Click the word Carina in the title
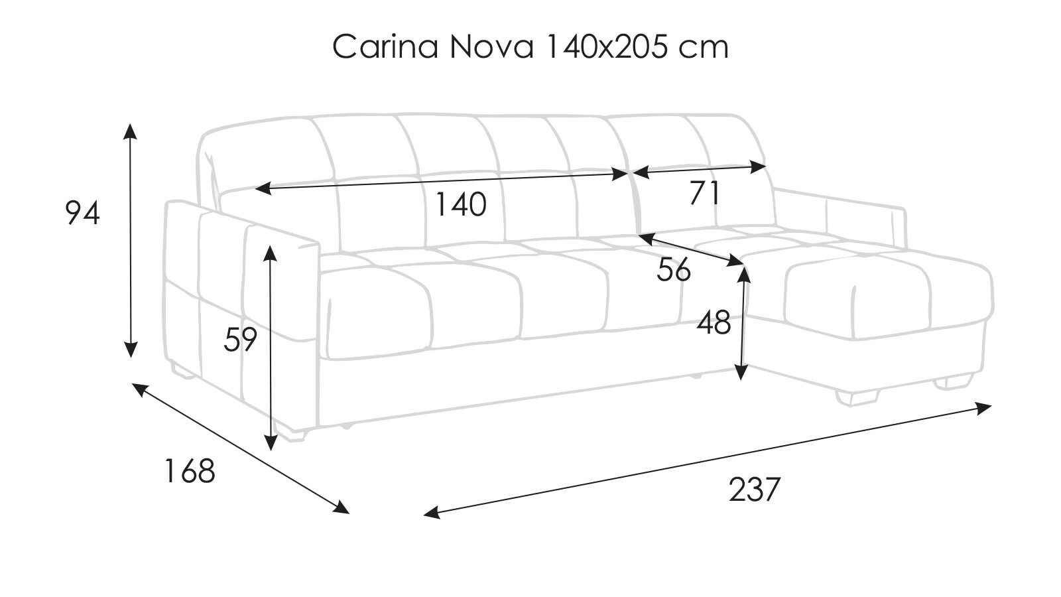pos(385,47)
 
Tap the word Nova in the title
pos(492,47)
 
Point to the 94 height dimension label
pos(82,213)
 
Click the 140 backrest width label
pos(460,205)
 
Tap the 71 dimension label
pos(704,193)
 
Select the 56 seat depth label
pos(673,271)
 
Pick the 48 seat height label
pos(714,323)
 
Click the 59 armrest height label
pos(240,339)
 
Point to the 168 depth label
pos(190,471)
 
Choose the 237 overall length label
pos(754,490)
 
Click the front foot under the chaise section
pos(857,397)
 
